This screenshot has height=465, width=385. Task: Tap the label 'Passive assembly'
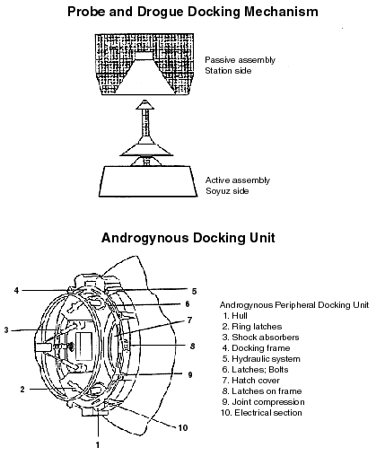pos(240,60)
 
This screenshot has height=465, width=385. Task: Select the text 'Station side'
pos(228,71)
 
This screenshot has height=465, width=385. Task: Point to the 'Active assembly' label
pos(238,180)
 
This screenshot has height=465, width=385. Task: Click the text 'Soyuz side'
pos(227,191)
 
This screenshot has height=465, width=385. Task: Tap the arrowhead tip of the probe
pos(145,101)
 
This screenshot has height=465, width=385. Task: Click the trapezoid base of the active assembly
pos(148,181)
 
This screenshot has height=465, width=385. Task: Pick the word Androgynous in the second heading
pos(145,238)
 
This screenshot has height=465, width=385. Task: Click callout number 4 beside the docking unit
pos(16,290)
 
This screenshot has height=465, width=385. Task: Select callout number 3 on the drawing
pos(6,330)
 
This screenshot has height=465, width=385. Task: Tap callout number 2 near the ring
pos(22,390)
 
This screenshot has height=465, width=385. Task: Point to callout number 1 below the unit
pos(98,445)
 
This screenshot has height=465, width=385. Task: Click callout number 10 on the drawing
pos(183,428)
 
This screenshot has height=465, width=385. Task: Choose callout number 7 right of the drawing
pos(189,320)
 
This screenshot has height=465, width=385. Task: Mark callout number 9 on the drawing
pos(190,375)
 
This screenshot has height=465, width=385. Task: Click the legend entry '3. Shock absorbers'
pos(260,338)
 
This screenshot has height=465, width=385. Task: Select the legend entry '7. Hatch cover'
pos(250,381)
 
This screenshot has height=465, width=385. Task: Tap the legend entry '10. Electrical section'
pos(261,413)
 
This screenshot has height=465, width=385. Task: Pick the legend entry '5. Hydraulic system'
pos(261,359)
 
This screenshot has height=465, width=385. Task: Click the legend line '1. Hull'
pos(235,316)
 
